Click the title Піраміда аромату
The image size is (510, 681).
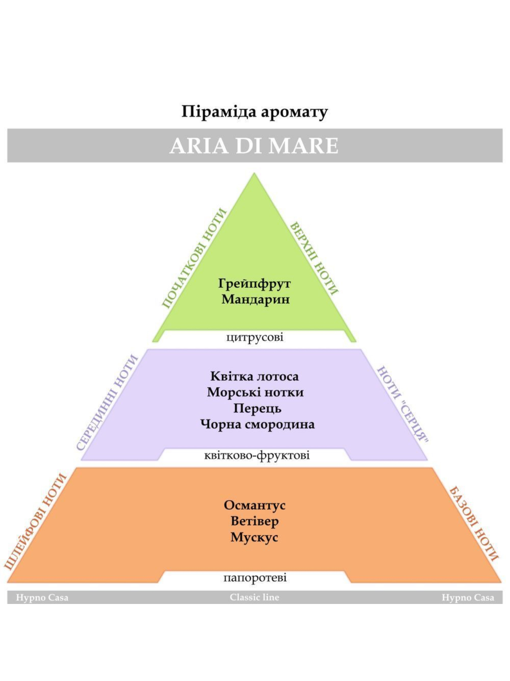[255, 112]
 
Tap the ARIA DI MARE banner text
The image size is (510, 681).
[254, 145]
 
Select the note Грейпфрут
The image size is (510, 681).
[255, 284]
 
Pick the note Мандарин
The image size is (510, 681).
[255, 299]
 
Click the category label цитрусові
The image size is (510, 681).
[255, 338]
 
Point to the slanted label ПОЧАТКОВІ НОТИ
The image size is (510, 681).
[194, 258]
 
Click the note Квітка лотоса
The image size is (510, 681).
[255, 376]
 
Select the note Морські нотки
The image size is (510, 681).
[255, 392]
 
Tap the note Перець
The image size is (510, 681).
[257, 409]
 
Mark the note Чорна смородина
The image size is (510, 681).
[257, 424]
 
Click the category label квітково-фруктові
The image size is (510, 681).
[257, 455]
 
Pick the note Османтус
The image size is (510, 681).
[255, 505]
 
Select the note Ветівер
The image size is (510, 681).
[255, 521]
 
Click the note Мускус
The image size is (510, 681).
[254, 537]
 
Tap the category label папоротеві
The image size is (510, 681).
[255, 578]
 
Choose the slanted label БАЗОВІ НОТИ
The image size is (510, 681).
[473, 524]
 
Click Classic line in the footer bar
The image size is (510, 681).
[255, 597]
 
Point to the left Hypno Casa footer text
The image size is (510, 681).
[42, 598]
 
